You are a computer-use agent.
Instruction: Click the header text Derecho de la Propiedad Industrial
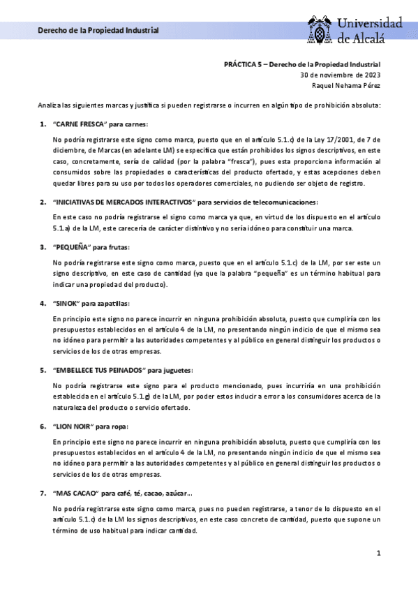98,31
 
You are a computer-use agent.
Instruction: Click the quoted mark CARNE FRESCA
78,124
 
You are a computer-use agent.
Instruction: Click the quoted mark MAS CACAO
75,493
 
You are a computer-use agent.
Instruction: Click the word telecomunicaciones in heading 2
279,202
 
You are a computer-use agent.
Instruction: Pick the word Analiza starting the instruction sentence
50,105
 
